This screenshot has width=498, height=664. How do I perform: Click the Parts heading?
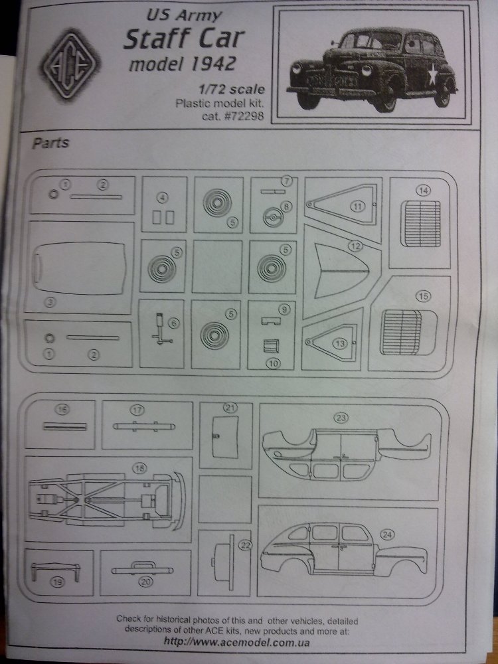(x=50, y=143)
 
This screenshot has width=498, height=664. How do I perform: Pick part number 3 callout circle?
(x=48, y=301)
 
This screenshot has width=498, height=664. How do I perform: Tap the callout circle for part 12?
(x=356, y=246)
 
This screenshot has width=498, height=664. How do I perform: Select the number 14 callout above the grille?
(x=423, y=190)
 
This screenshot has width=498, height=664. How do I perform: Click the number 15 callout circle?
(x=423, y=296)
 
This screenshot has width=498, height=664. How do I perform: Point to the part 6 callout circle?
(x=175, y=323)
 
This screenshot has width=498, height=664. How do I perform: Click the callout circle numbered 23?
(x=341, y=418)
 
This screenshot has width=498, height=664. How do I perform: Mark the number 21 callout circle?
(x=230, y=407)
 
